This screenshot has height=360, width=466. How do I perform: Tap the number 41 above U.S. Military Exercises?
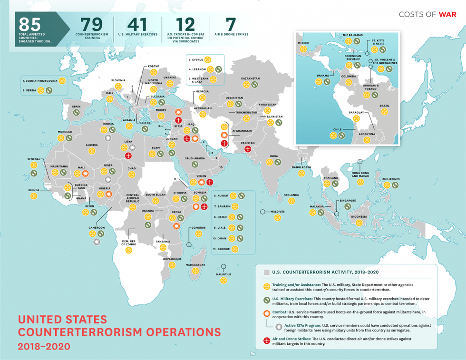click(x=137, y=24)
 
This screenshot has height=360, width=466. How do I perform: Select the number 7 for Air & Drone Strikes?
click(x=231, y=24)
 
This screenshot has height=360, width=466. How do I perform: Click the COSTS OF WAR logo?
click(x=427, y=14)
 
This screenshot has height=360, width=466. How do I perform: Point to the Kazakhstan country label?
click(x=250, y=78)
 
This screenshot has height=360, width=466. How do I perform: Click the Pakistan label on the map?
click(x=248, y=143)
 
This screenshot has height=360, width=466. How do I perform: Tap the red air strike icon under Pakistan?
click(x=248, y=149)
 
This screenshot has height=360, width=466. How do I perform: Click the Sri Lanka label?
click(x=291, y=195)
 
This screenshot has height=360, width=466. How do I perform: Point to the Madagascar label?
click(x=195, y=264)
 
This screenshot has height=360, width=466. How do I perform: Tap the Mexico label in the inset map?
click(x=303, y=43)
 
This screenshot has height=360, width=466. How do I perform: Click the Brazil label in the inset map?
click(x=384, y=106)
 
